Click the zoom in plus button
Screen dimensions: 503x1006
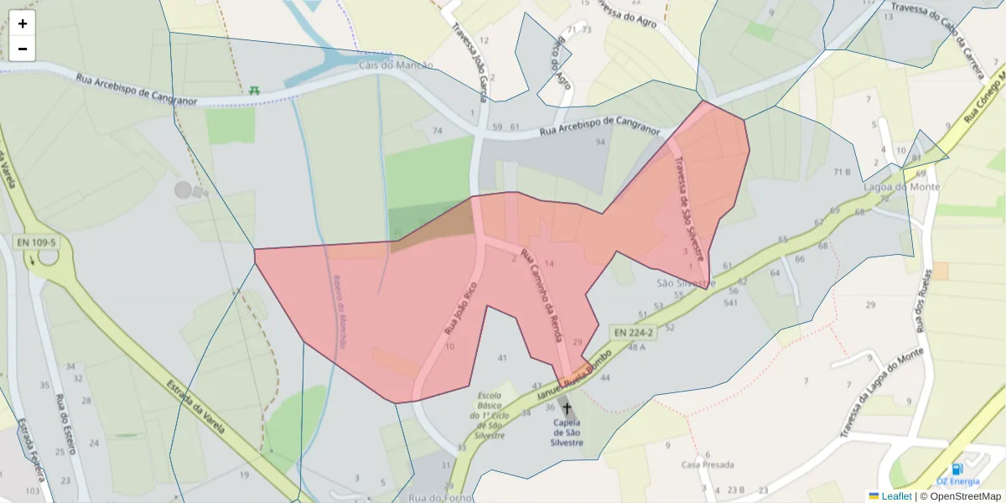coord(23,23)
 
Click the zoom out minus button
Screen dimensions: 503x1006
coord(23,49)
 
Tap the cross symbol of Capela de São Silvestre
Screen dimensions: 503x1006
coord(567,408)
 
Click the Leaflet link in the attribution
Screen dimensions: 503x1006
coord(895,495)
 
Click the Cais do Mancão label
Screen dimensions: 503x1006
coord(396,65)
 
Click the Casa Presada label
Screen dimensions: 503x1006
coord(708,464)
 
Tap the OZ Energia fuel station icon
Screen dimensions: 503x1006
coord(957,469)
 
